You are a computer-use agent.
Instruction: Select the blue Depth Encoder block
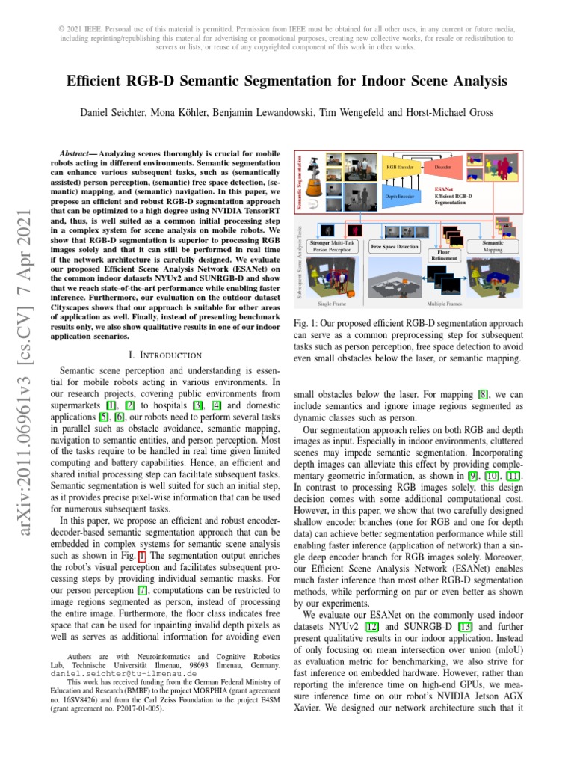point(399,197)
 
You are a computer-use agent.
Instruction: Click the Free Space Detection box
point(395,246)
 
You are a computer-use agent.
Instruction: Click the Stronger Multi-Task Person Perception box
point(333,248)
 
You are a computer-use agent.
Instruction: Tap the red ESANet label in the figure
point(443,190)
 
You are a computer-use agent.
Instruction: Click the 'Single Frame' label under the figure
point(332,304)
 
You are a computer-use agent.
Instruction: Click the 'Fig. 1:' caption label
point(306,325)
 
